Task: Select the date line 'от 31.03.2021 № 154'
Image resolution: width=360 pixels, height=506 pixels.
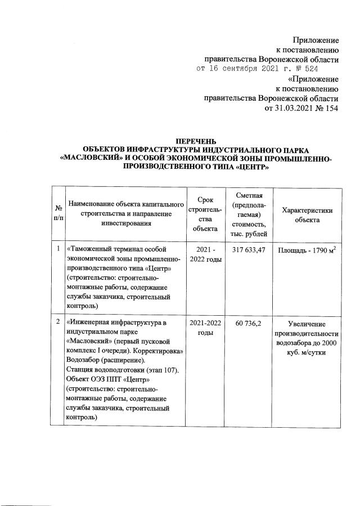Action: click(301, 108)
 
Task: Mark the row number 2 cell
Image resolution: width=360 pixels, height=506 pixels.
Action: click(58, 322)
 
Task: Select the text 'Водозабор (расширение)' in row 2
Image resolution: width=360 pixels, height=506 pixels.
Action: click(105, 360)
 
